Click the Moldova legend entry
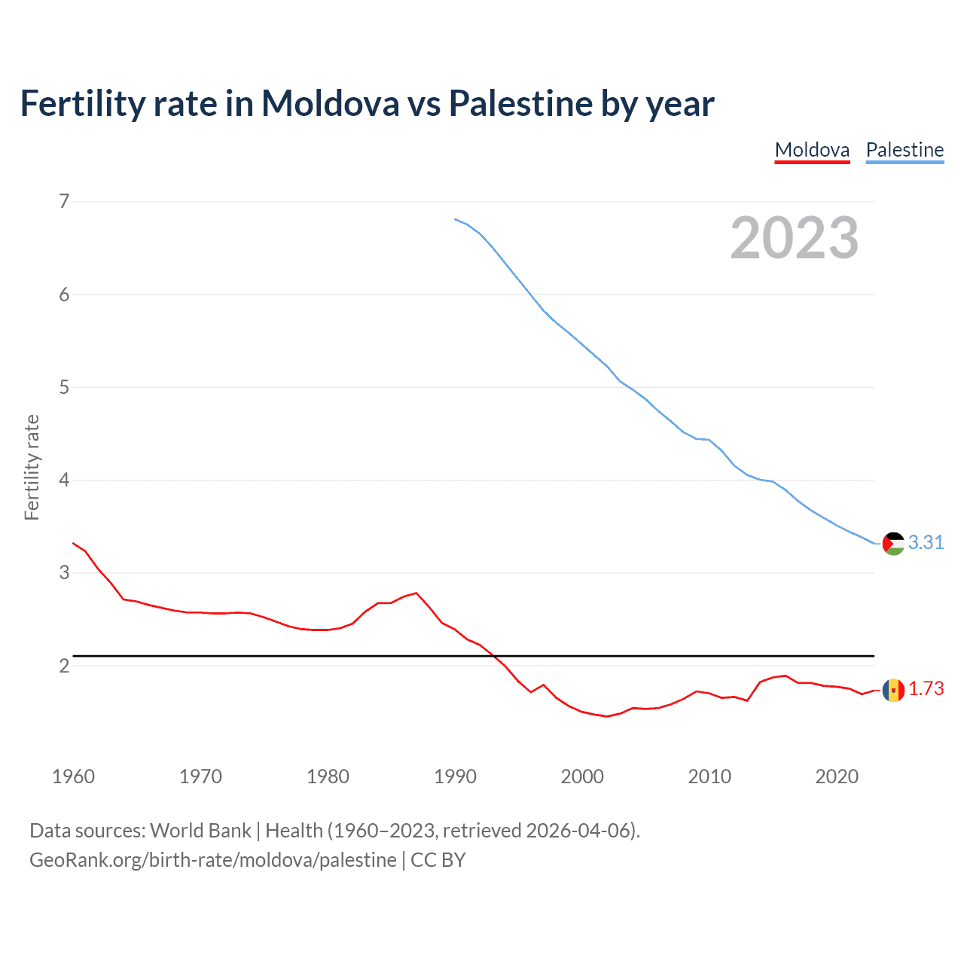click(x=812, y=150)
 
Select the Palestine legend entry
click(x=905, y=150)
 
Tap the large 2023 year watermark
click(x=794, y=238)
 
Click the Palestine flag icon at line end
click(x=893, y=543)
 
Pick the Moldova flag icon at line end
click(x=893, y=689)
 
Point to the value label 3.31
click(x=926, y=542)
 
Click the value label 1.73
click(x=926, y=688)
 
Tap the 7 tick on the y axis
click(x=64, y=201)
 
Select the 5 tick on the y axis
click(x=64, y=387)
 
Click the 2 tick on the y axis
click(x=64, y=666)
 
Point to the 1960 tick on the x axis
click(x=73, y=776)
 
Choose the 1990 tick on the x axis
click(x=455, y=776)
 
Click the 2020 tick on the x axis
click(x=837, y=776)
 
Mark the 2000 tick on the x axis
click(x=582, y=776)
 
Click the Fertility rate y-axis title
click(x=32, y=467)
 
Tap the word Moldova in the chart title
click(x=330, y=103)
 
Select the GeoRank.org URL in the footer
click(x=212, y=859)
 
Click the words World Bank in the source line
click(x=200, y=830)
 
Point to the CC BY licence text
click(x=438, y=859)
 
